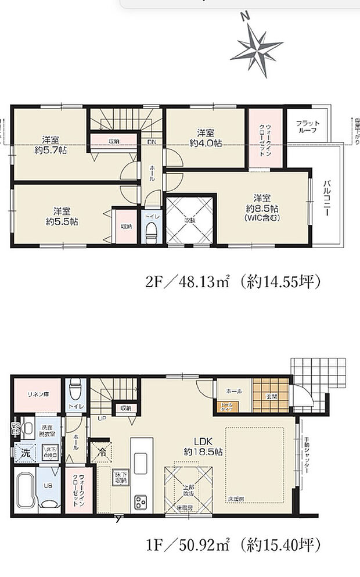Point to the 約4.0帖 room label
click(204, 137)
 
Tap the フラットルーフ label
click(307, 127)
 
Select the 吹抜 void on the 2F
click(190, 221)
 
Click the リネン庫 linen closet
click(36, 395)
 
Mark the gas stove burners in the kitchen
click(141, 501)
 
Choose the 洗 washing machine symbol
click(24, 451)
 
